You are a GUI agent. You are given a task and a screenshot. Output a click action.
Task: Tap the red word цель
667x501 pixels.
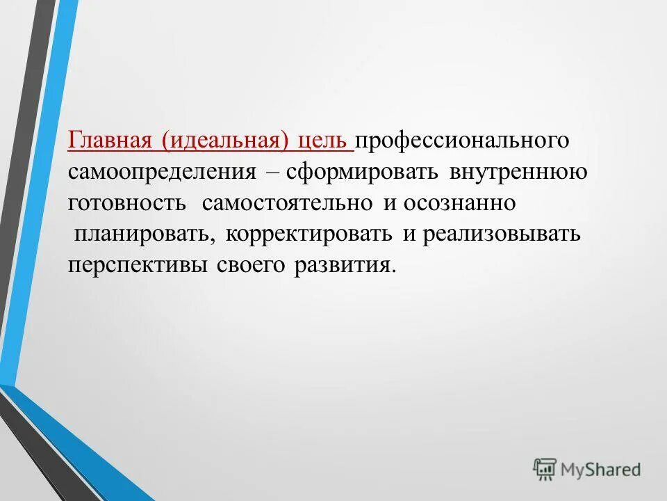[x=323, y=140]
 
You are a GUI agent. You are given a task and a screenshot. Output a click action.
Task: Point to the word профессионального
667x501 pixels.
[x=463, y=140]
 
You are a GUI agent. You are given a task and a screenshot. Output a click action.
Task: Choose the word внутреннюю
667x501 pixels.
[x=518, y=172]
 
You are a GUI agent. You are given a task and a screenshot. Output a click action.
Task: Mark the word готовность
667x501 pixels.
[x=127, y=203]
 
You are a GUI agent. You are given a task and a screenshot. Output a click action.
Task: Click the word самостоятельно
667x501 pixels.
[x=288, y=203]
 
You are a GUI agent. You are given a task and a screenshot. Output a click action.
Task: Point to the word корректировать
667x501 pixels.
[x=308, y=234]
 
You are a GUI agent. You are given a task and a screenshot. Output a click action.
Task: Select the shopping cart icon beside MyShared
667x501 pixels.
[x=545, y=469]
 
